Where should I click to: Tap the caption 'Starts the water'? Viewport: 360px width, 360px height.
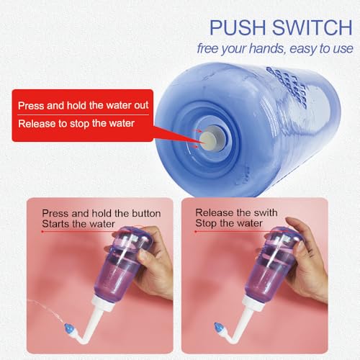[x=73, y=224]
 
